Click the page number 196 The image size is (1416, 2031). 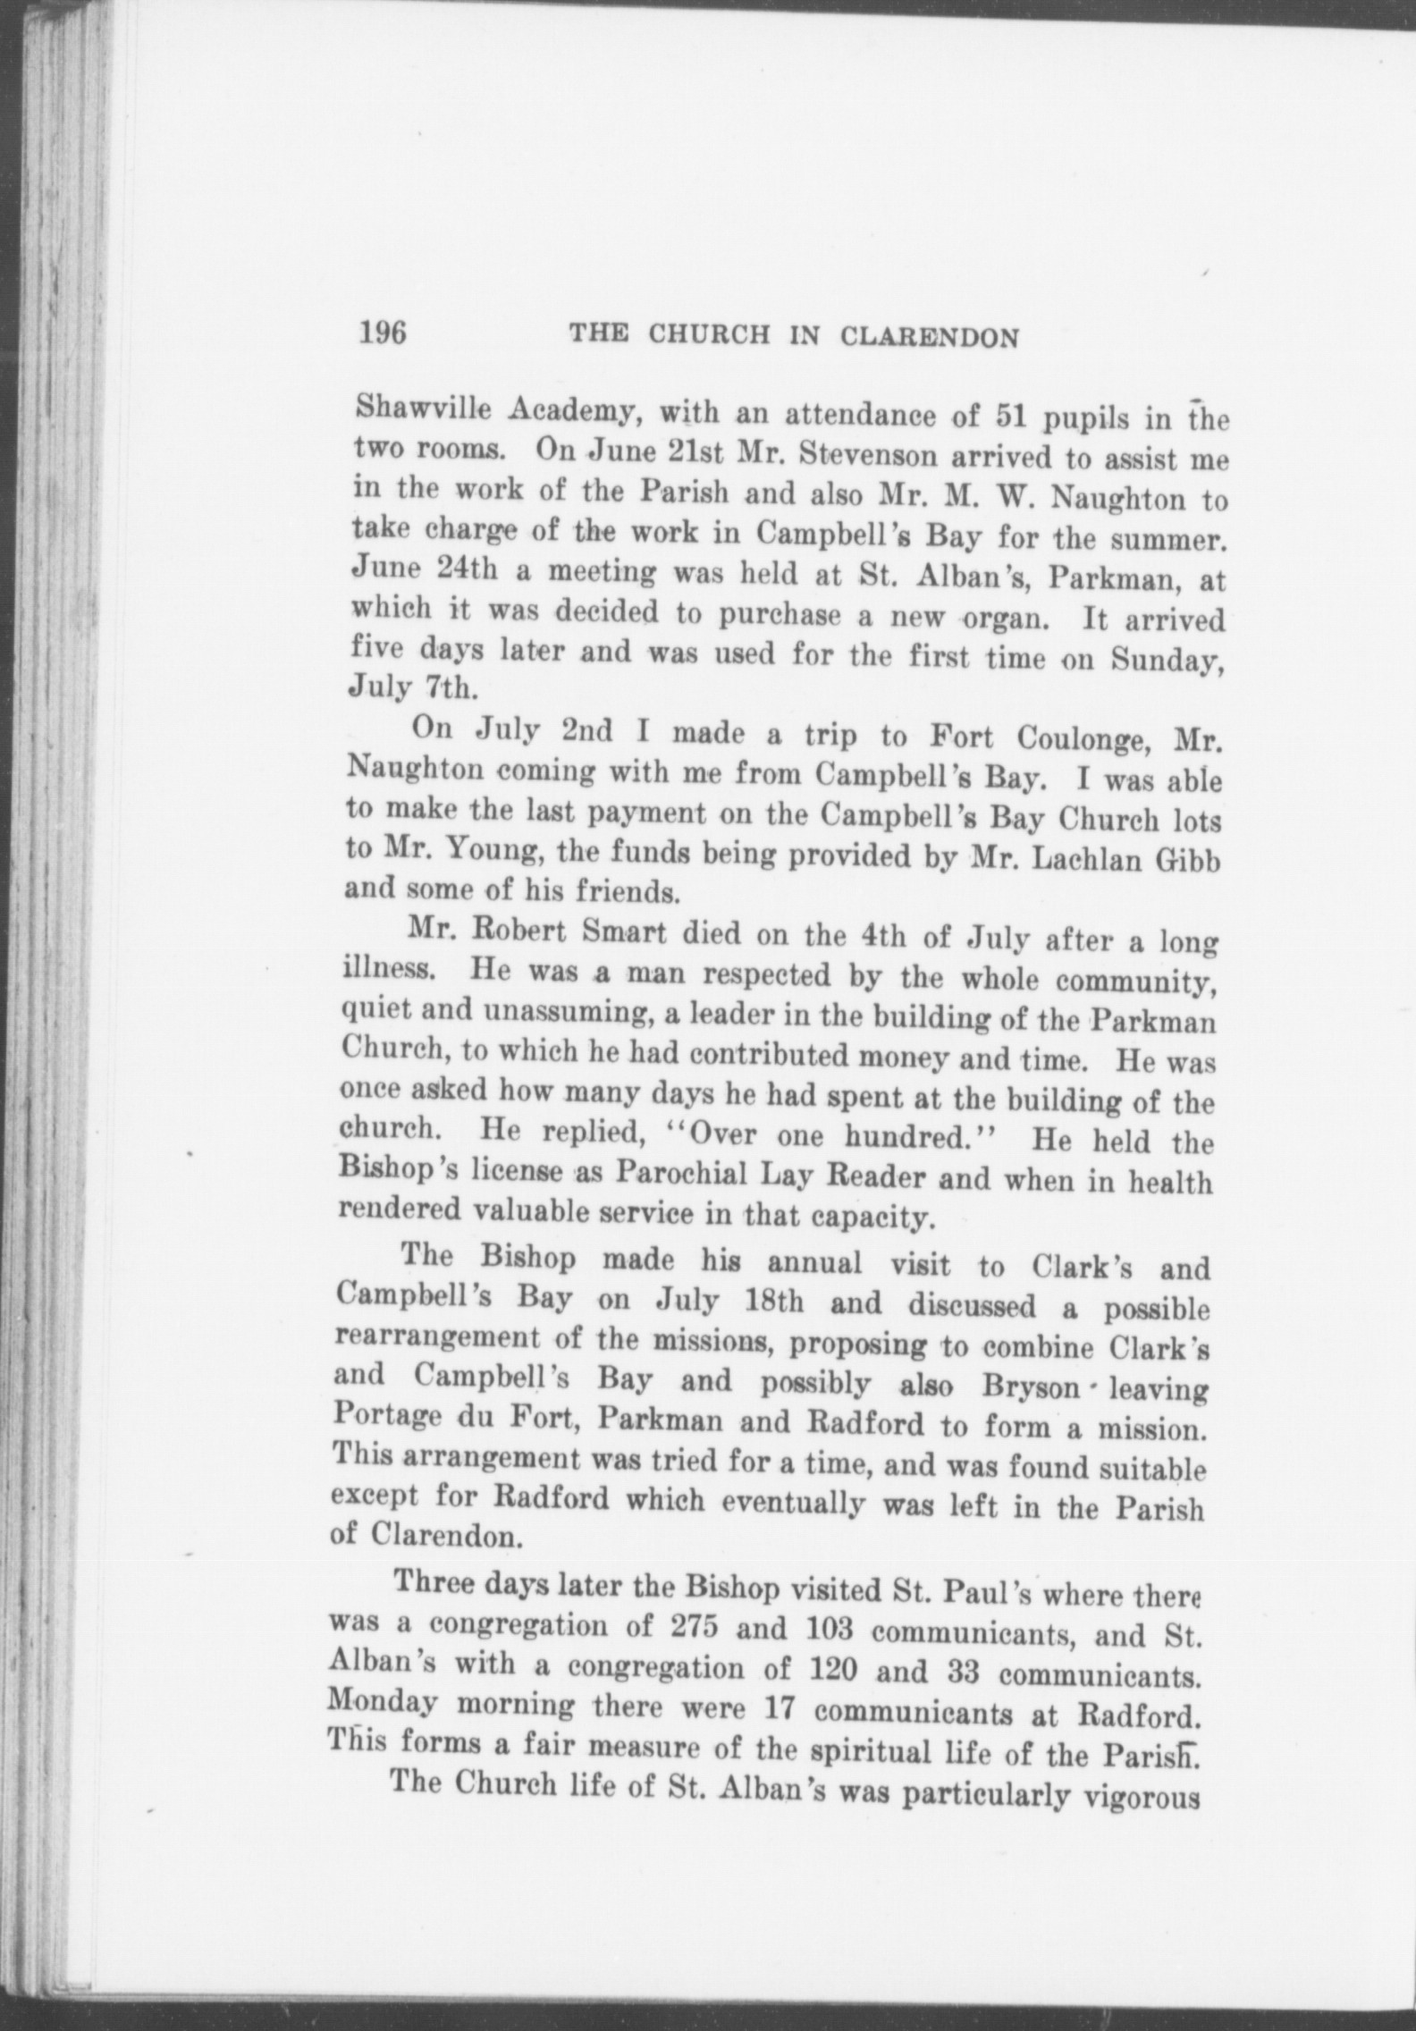coord(383,333)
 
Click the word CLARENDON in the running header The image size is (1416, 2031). coord(930,338)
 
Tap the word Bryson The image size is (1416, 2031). coord(1023,1384)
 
